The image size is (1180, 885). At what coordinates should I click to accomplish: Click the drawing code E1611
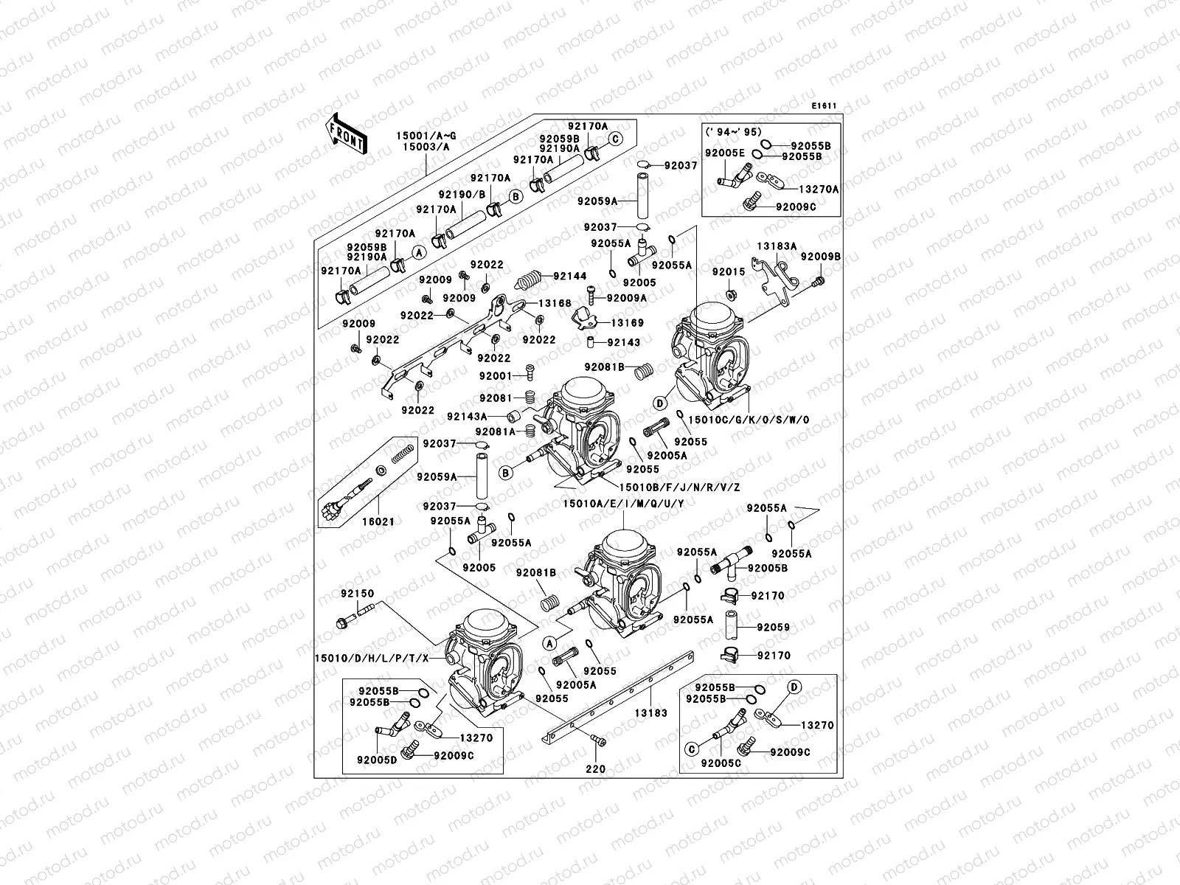824,106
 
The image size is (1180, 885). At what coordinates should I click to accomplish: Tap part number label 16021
378,521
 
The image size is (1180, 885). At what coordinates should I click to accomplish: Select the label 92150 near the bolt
357,593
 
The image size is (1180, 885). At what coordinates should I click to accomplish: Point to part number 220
595,768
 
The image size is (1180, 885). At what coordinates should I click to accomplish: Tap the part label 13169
626,323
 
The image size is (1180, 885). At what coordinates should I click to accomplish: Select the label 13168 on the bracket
555,303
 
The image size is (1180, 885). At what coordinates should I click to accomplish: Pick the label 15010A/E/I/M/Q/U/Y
623,503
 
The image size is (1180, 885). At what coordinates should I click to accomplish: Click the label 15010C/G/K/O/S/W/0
748,420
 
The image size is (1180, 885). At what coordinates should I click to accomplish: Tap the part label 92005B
767,569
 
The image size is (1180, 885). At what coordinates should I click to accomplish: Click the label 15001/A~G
426,136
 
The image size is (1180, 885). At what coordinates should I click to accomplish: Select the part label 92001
496,376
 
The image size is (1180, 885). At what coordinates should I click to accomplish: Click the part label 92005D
378,759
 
